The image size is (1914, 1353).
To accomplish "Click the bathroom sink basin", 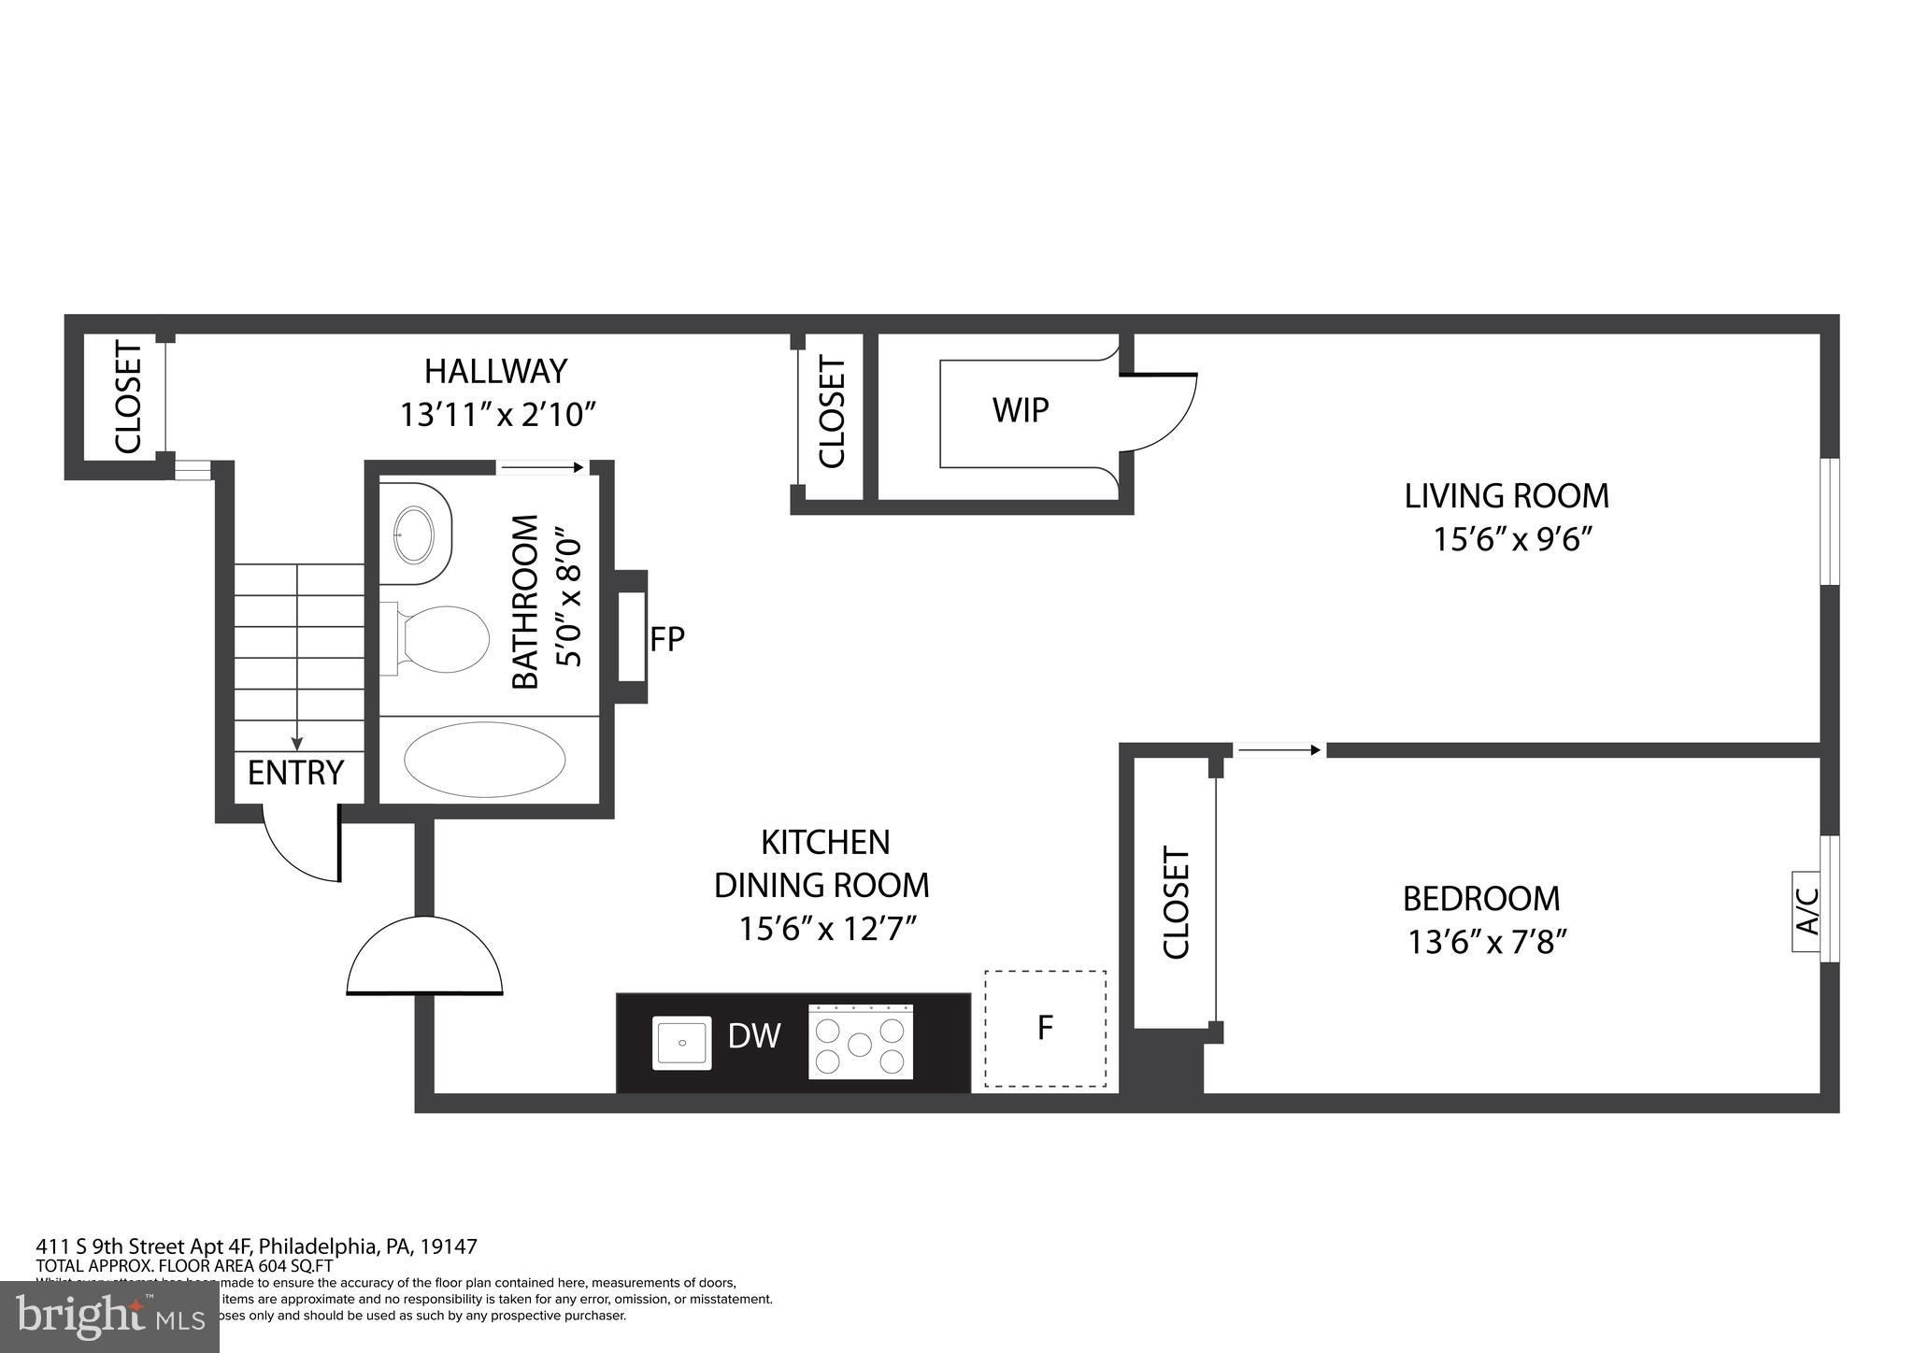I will tap(414, 534).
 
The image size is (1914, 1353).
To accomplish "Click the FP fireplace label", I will tap(667, 639).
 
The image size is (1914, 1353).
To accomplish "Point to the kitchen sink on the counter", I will tap(681, 1043).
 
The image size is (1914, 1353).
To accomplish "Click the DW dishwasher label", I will tap(753, 1035).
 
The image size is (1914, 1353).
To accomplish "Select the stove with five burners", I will tap(860, 1042).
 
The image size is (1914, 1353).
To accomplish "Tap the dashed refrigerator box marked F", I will tap(1045, 1028).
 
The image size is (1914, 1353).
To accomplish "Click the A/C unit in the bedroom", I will tap(1807, 911).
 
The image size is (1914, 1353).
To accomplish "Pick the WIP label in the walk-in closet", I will tap(1021, 409).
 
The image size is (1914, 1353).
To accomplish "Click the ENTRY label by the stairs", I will tap(295, 773).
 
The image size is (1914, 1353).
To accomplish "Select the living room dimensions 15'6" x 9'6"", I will tap(1512, 539).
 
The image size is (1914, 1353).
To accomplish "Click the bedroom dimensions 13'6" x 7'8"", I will tap(1486, 942).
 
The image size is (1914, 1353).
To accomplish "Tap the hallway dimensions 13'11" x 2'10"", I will tap(497, 414).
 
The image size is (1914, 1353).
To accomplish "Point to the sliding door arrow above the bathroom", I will tap(541, 467).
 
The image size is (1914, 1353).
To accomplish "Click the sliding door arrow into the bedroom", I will tap(1277, 749).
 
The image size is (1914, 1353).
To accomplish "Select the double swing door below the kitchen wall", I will tap(424, 958).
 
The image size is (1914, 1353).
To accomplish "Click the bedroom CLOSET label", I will tap(1175, 902).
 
